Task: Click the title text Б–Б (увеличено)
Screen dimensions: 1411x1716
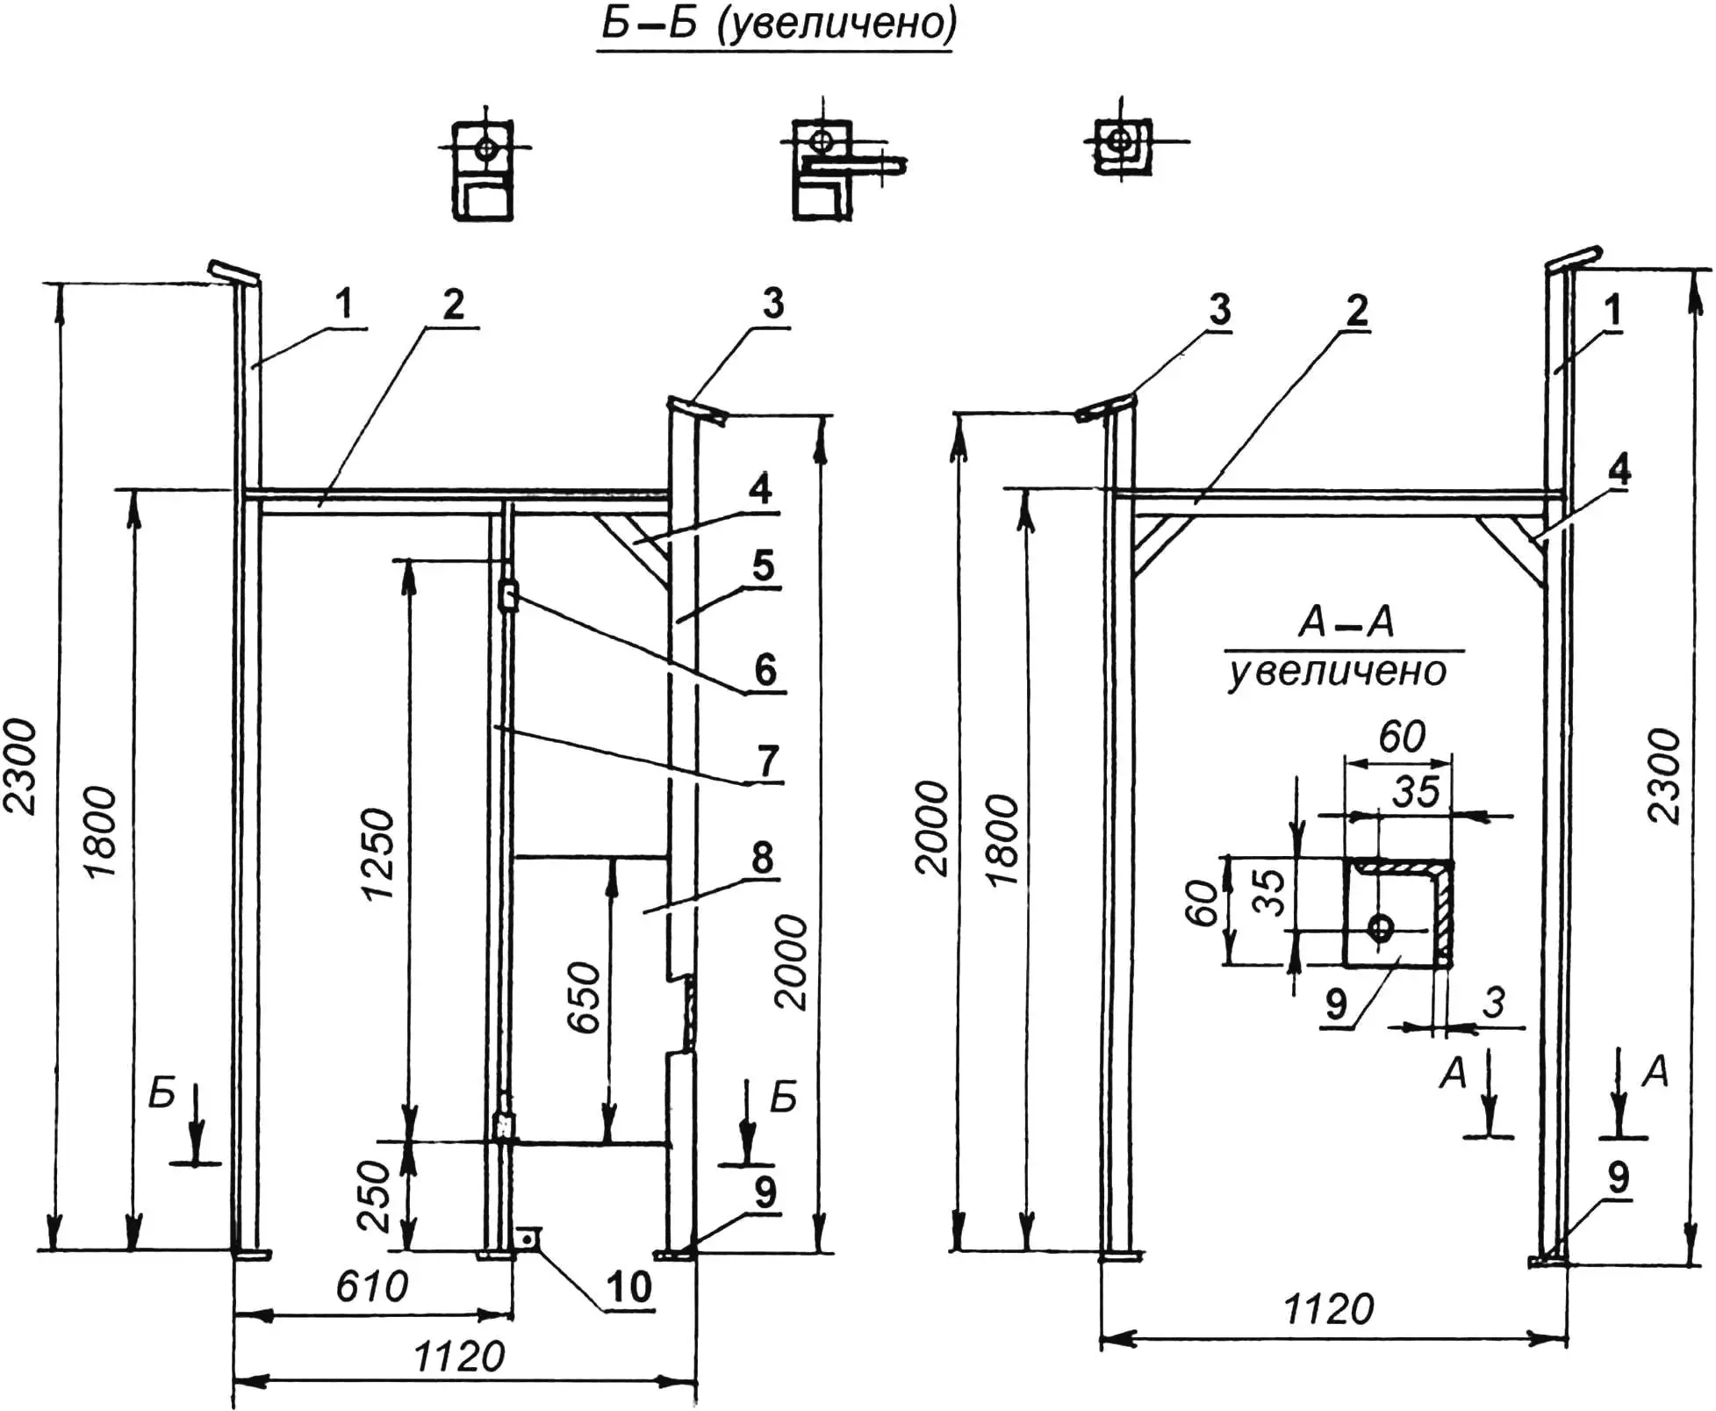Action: pos(778,25)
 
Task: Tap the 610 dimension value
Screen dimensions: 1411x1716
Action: pos(371,1287)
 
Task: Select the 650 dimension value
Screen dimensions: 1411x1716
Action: pos(583,997)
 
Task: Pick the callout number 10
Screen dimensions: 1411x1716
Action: pos(628,1287)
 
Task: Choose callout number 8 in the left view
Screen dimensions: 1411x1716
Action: pos(762,858)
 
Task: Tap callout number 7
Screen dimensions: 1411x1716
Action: pos(767,760)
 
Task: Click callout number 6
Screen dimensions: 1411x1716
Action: pos(765,670)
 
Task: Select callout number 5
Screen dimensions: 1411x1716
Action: pos(763,566)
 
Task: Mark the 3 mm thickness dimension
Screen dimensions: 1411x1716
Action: pos(1493,1002)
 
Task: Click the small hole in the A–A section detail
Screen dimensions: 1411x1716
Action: pos(1381,927)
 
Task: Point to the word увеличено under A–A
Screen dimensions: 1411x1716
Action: pos(1337,673)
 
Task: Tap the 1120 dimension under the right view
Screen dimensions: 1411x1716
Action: pos(1328,1310)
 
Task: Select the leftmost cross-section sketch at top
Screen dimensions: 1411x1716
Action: pos(482,170)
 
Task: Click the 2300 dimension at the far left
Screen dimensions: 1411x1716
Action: pos(19,766)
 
